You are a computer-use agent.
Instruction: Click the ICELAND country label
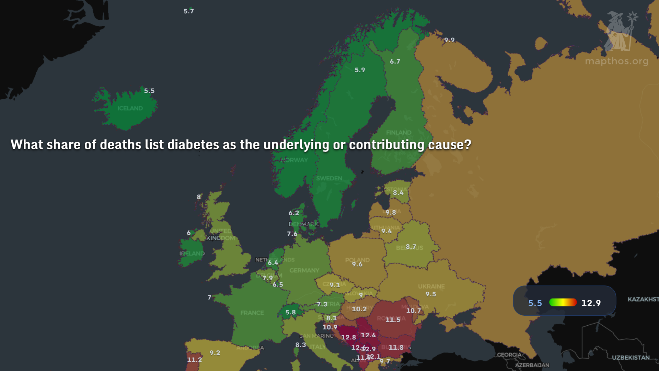[x=130, y=108]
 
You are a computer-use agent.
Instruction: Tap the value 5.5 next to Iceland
[x=149, y=91]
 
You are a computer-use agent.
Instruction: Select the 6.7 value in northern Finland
[x=395, y=61]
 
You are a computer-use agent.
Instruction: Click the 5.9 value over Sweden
[x=360, y=70]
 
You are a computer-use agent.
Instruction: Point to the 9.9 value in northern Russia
[x=449, y=40]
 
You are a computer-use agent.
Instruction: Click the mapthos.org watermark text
[x=616, y=61]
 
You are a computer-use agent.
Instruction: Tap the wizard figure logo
[x=620, y=31]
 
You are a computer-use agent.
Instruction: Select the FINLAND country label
[x=398, y=133]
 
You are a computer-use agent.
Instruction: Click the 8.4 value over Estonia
[x=398, y=193]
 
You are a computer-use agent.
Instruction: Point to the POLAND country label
[x=357, y=260]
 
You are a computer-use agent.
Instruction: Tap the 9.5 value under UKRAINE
[x=431, y=294]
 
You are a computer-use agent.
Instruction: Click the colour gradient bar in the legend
[x=563, y=302]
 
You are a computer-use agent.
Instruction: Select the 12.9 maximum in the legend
[x=591, y=303]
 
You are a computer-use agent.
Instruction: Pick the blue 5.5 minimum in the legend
[x=535, y=303]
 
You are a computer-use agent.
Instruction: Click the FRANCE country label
[x=252, y=313]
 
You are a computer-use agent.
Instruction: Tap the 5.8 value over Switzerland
[x=290, y=312]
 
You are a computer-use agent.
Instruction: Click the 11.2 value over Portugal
[x=194, y=360]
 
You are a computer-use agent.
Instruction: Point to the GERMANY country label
[x=304, y=270]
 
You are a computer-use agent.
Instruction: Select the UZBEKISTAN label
[x=631, y=358]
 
